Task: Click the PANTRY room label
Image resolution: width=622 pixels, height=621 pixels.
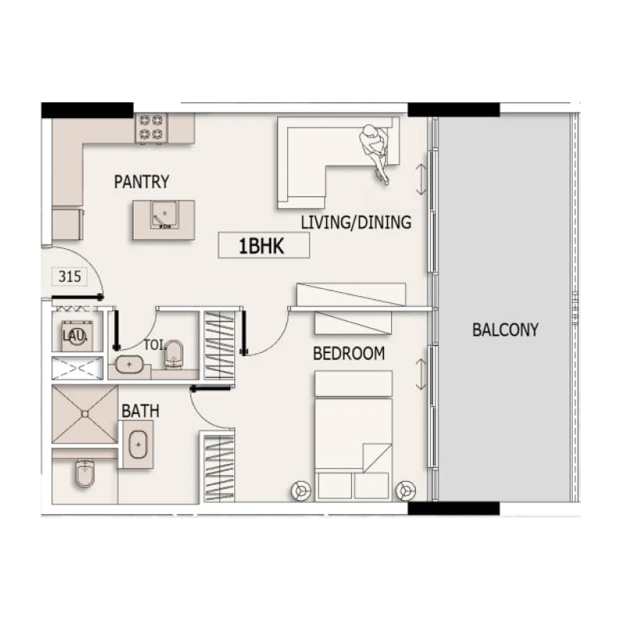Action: click(x=141, y=182)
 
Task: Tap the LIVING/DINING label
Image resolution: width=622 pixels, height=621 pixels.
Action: click(x=356, y=223)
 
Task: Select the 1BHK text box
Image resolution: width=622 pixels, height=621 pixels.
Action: click(x=264, y=246)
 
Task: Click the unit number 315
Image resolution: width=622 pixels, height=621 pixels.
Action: click(x=69, y=277)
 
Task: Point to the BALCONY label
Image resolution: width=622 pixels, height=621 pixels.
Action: click(x=505, y=330)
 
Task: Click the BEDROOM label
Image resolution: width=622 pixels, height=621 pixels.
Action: click(x=349, y=354)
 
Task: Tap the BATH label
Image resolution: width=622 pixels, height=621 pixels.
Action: click(x=140, y=411)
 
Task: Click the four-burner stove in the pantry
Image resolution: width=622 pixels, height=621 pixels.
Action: click(x=151, y=128)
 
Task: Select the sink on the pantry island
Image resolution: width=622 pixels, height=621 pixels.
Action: click(x=164, y=215)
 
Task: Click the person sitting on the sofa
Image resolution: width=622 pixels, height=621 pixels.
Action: click(x=375, y=153)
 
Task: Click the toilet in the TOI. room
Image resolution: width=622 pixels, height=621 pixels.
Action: click(x=174, y=353)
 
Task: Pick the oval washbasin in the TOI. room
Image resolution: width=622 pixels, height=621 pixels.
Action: click(x=129, y=365)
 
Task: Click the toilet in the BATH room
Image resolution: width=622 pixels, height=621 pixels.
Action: click(x=85, y=473)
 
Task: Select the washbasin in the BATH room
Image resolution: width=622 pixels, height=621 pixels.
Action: click(x=138, y=444)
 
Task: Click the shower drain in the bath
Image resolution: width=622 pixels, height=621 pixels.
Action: click(x=85, y=414)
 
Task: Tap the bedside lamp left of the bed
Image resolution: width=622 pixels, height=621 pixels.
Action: click(x=301, y=491)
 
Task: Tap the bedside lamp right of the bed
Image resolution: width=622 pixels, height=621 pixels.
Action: click(x=405, y=491)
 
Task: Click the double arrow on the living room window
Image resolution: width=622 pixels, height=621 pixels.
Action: click(x=421, y=180)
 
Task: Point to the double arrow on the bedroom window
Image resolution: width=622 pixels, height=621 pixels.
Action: click(x=421, y=374)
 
